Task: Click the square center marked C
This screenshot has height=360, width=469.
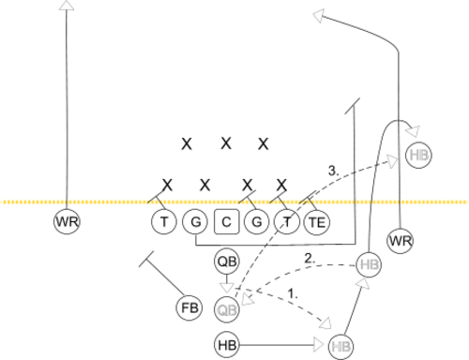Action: click(227, 222)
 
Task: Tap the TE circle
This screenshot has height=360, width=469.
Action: click(317, 222)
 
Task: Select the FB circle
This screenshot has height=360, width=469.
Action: click(189, 307)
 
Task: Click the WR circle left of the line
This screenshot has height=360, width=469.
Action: click(67, 221)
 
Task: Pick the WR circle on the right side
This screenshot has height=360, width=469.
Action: click(401, 241)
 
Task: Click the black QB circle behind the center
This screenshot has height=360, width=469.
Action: click(227, 262)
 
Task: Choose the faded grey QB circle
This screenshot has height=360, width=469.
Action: click(227, 309)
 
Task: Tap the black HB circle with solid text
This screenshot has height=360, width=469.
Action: click(227, 345)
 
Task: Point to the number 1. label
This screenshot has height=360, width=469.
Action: click(293, 293)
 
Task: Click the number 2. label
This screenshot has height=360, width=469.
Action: click(310, 259)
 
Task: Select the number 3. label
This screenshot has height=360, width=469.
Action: click(333, 171)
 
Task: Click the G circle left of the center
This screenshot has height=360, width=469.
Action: click(195, 222)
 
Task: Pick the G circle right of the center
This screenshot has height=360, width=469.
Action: click(257, 222)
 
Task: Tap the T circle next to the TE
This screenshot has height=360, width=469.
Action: click(287, 222)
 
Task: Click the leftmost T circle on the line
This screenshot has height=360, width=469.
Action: click(164, 222)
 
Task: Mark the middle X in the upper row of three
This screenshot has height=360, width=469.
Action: click(226, 143)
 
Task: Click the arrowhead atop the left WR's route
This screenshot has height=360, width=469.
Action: click(67, 5)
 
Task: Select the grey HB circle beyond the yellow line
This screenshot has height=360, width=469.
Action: click(418, 155)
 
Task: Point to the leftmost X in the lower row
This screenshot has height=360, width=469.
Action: click(167, 185)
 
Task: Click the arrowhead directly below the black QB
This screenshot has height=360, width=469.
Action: click(227, 288)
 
